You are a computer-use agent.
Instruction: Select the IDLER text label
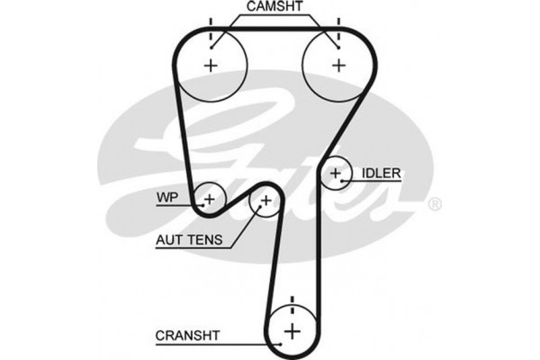point(382,173)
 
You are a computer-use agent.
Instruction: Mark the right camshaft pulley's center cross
point(338,65)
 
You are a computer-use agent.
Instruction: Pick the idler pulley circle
point(337,172)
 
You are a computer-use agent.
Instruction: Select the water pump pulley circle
point(210,197)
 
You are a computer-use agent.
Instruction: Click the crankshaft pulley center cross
point(291,332)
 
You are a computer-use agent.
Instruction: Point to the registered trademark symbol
point(435,204)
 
